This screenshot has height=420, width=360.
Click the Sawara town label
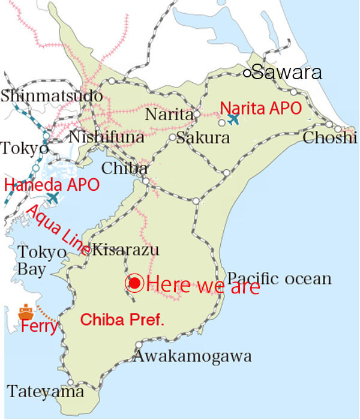pos(287,73)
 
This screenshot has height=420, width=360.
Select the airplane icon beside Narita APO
pos(234,119)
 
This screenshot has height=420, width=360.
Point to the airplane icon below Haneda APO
pos(53,197)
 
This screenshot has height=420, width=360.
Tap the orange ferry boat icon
pos(26,312)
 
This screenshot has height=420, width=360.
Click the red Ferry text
pos(39,328)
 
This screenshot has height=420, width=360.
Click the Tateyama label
pos(46,392)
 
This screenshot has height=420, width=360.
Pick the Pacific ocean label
pos(280,278)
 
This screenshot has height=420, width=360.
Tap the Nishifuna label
pos(106,137)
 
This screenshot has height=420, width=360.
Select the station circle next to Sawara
pos(247,73)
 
